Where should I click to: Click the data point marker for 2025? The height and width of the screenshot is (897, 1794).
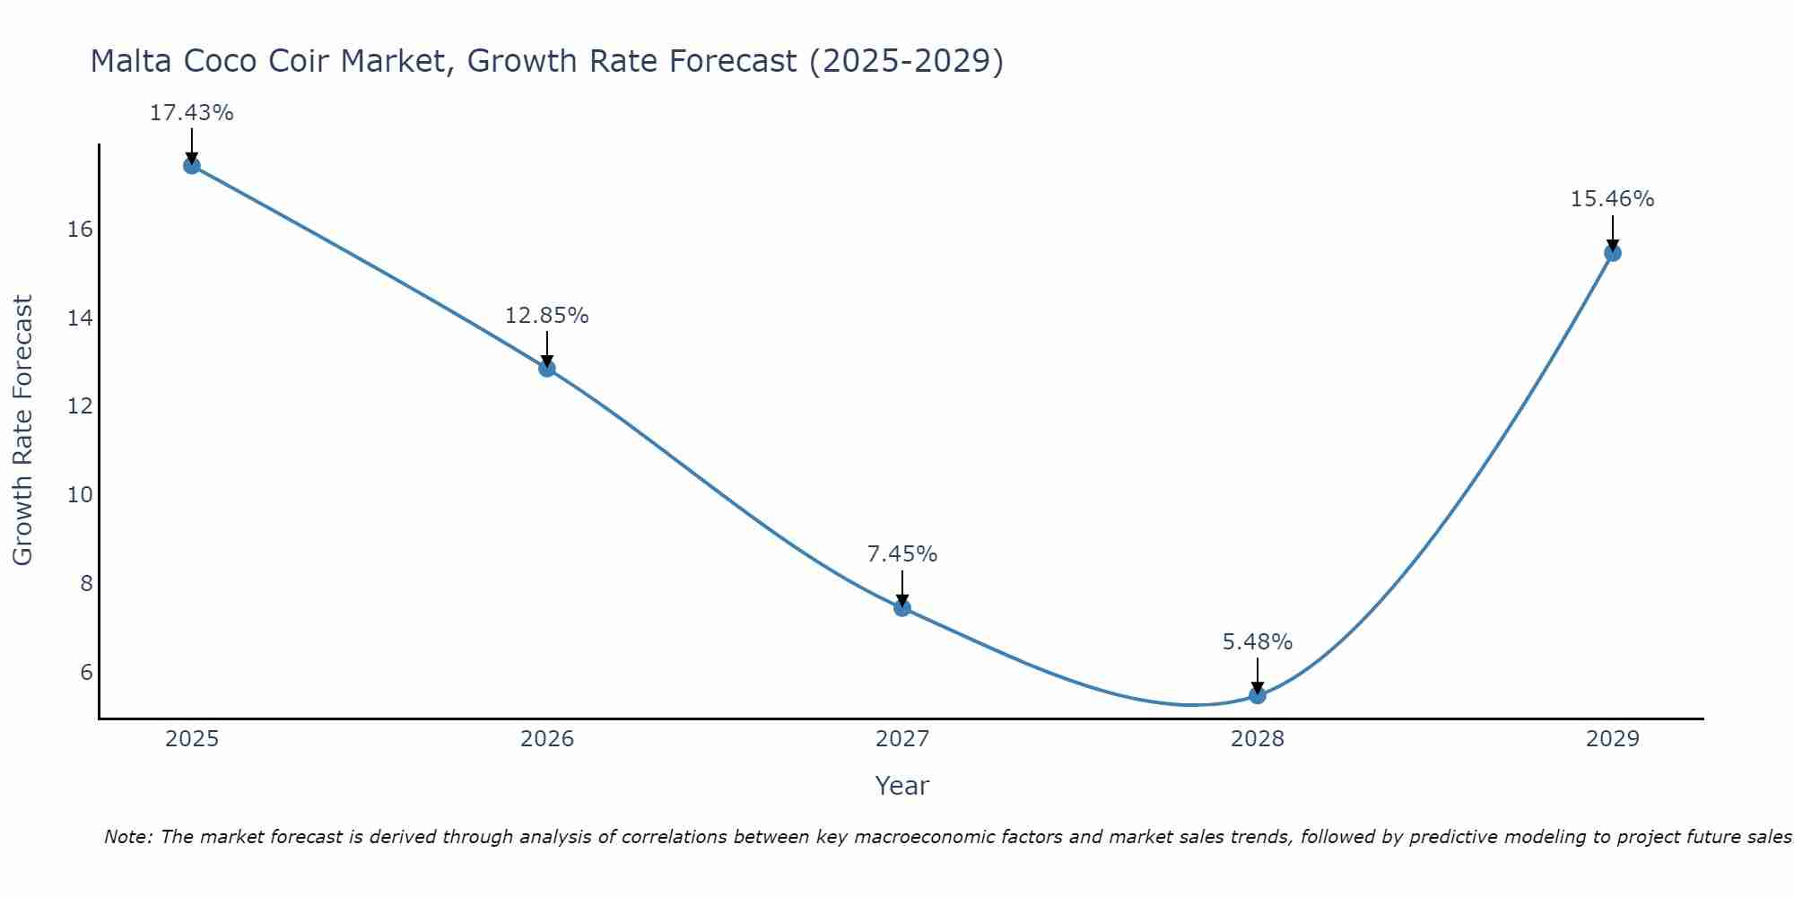(x=191, y=165)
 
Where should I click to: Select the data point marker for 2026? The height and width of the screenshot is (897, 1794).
(x=547, y=368)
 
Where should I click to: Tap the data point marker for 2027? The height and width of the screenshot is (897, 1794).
(x=902, y=607)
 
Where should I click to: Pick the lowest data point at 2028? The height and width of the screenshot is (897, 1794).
(x=1258, y=695)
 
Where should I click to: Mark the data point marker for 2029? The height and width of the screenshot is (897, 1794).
(x=1613, y=253)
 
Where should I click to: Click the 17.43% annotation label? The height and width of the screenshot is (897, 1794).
(x=191, y=113)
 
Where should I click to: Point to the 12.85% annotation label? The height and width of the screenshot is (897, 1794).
(x=547, y=316)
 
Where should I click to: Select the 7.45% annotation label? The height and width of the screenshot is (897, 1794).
(x=902, y=554)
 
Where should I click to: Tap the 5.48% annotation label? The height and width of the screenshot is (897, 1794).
(x=1258, y=642)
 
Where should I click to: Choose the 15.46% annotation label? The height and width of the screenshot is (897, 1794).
(x=1613, y=199)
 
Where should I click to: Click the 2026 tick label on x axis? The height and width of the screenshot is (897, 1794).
(x=547, y=739)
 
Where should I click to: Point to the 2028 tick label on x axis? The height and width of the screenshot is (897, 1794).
(x=1258, y=739)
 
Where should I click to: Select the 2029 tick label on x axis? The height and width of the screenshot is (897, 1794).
(x=1613, y=739)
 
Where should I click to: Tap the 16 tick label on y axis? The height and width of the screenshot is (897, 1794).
(x=81, y=230)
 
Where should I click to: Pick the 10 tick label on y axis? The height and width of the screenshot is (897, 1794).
(x=81, y=495)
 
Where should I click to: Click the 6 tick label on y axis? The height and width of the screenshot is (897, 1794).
(x=86, y=673)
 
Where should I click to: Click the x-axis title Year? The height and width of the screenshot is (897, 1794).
(x=902, y=786)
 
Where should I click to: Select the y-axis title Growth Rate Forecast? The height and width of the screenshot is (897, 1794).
(x=23, y=431)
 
